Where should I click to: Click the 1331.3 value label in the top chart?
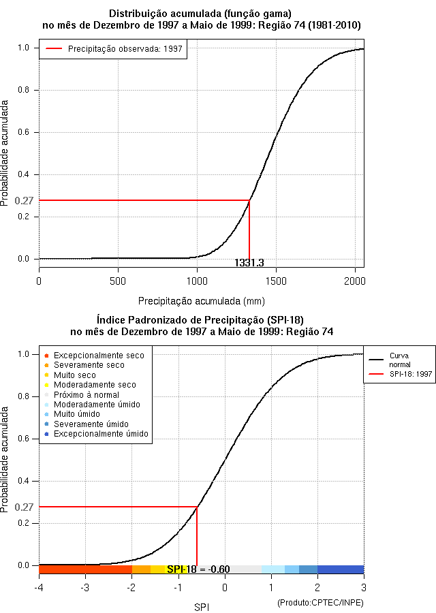[249, 263]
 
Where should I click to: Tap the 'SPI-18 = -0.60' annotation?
[198, 569]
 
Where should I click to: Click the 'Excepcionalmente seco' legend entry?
[99, 356]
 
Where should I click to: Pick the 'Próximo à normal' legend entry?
[86, 394]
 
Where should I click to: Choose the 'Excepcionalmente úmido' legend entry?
[101, 434]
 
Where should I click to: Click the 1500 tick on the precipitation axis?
[276, 281]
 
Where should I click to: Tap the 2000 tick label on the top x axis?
[355, 281]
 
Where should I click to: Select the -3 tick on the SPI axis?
[84, 587]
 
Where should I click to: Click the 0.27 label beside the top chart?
[24, 201]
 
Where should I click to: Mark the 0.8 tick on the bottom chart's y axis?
[24, 396]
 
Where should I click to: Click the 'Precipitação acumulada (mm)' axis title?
[202, 300]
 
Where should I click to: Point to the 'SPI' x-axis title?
[202, 606]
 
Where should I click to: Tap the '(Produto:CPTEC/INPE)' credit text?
[320, 603]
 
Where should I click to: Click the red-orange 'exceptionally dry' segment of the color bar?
[85, 569]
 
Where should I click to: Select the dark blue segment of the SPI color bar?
[341, 569]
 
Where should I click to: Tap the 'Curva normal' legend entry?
[399, 360]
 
